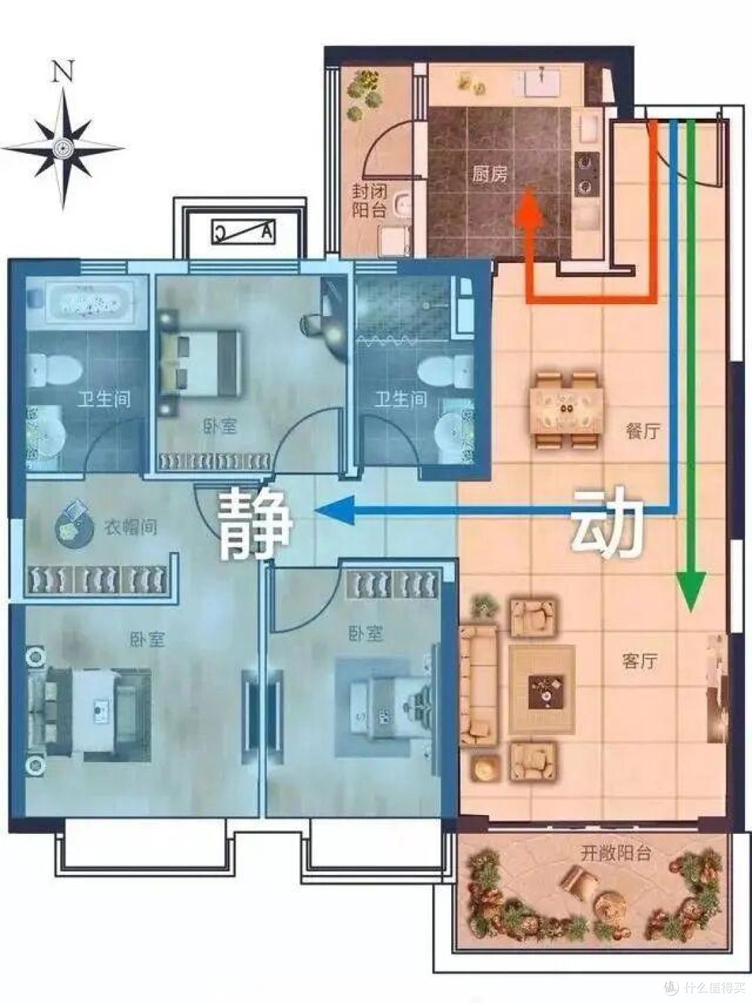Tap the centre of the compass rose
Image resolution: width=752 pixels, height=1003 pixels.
[x=63, y=148]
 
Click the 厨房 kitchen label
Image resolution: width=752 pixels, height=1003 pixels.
[x=489, y=174]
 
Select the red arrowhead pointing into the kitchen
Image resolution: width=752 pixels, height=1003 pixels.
[x=529, y=206]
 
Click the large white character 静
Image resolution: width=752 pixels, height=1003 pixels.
[x=254, y=523]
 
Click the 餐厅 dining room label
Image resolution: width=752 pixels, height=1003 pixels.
[x=643, y=431]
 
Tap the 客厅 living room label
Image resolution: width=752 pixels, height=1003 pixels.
[x=639, y=661]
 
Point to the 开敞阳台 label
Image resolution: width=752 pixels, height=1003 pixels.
[x=616, y=853]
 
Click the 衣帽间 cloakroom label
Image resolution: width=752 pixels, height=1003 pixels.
[x=131, y=527]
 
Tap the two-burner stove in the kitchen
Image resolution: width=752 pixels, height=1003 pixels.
[x=586, y=173]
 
